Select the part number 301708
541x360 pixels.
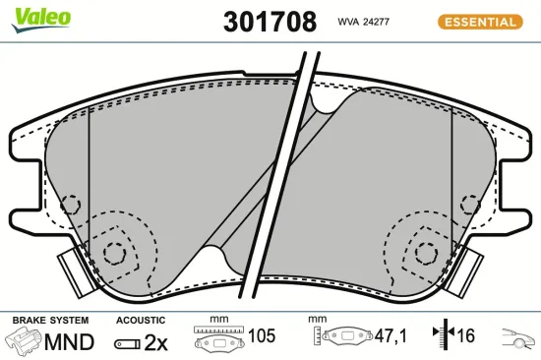tap(270, 22)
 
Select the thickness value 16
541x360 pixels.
tap(464, 337)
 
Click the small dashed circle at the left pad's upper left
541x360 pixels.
tap(71, 206)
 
